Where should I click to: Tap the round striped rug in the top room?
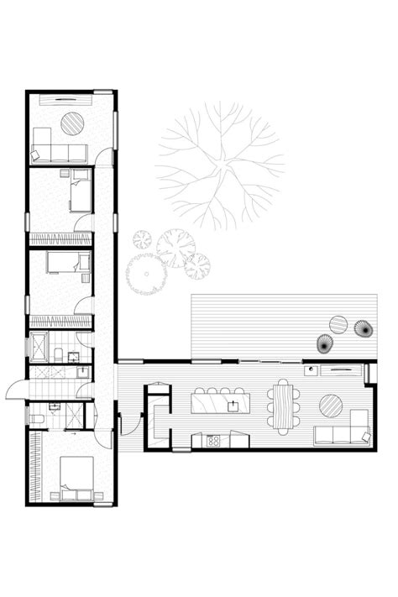[73, 123]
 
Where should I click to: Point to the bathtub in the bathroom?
[40, 346]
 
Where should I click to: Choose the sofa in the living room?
[343, 433]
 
